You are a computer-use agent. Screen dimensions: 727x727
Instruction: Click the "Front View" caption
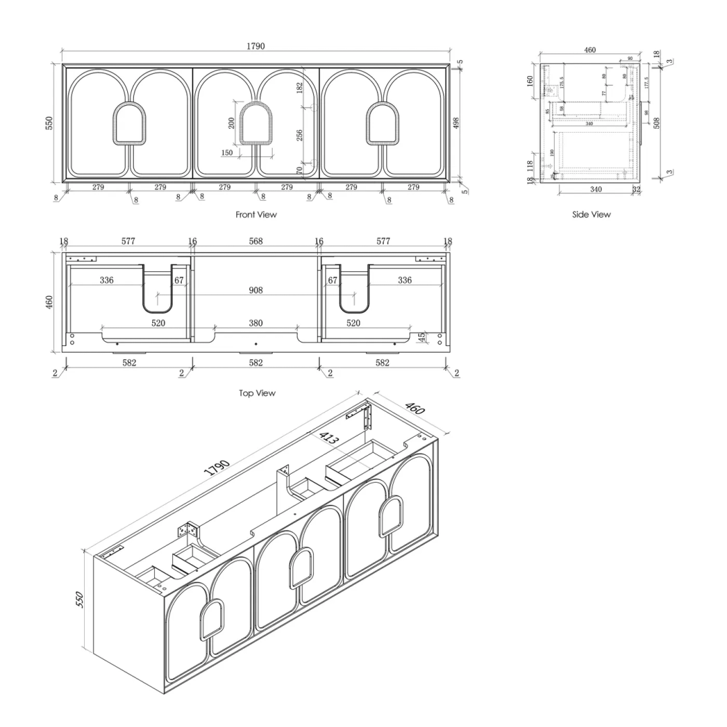[x=256, y=215]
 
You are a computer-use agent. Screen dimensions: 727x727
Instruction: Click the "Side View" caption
[x=591, y=214]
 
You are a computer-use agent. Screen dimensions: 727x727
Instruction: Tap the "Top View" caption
[x=256, y=393]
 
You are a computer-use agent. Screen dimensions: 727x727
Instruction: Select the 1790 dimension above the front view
[x=255, y=46]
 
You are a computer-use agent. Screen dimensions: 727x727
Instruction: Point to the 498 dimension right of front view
[x=456, y=123]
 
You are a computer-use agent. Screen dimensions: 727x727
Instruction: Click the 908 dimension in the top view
[x=255, y=291]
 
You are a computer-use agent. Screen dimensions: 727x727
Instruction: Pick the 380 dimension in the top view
[x=256, y=323]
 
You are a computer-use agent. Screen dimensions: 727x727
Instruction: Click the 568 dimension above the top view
[x=256, y=241]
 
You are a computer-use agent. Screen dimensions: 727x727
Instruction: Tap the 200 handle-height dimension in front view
[x=232, y=123]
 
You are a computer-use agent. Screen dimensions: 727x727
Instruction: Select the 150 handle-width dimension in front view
[x=227, y=153]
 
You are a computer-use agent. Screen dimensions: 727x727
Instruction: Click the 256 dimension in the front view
[x=300, y=135]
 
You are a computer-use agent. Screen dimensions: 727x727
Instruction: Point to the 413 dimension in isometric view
[x=328, y=439]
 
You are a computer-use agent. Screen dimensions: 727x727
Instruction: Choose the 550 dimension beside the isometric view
[x=79, y=599]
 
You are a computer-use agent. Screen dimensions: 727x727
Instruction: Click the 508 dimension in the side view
[x=656, y=123]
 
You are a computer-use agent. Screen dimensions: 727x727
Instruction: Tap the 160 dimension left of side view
[x=530, y=81]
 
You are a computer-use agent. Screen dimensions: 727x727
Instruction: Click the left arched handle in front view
[x=128, y=123]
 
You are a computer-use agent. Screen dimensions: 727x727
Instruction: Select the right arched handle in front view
[x=382, y=123]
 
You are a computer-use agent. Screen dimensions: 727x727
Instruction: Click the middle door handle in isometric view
[x=301, y=567]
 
